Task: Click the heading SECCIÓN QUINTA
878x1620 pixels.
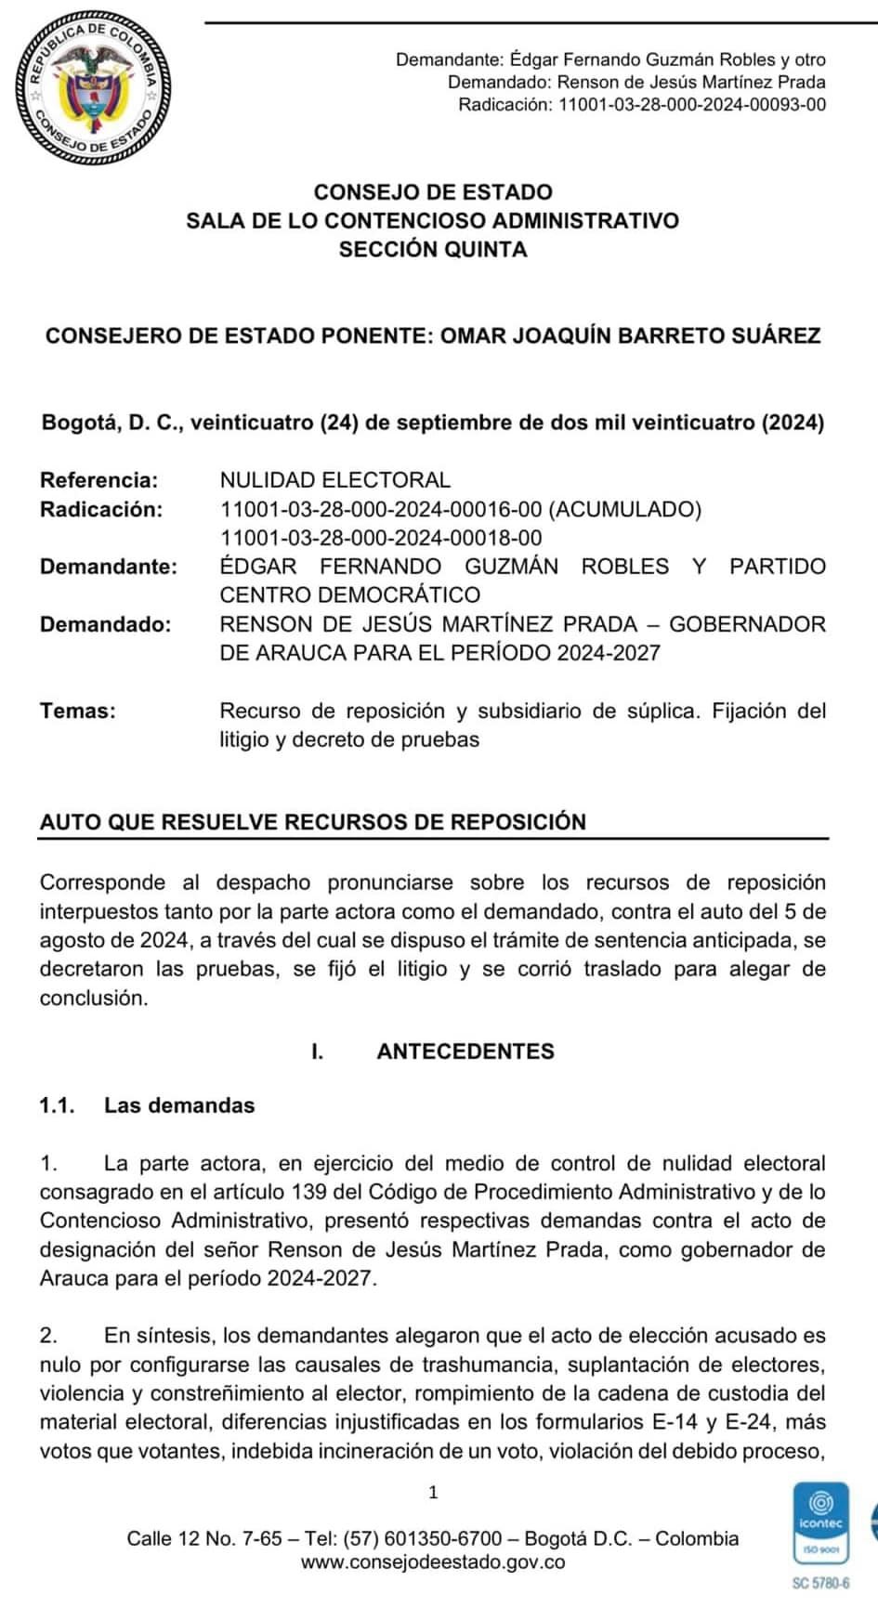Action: (433, 250)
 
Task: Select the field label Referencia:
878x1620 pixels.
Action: (98, 480)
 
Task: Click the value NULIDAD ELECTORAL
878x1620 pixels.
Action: (334, 480)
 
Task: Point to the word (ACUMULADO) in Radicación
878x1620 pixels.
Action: (624, 509)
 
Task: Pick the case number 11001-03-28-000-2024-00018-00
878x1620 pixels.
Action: (381, 538)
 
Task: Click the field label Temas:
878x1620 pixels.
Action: (78, 712)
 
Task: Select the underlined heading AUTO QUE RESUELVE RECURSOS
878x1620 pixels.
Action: (313, 822)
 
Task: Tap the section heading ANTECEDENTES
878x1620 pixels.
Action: (465, 1052)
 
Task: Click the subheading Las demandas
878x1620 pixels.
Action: (178, 1105)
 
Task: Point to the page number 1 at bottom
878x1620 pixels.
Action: (433, 1494)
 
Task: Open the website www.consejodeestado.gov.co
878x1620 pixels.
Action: (433, 1562)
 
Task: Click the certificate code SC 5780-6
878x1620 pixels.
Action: (820, 1584)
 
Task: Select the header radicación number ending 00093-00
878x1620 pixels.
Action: (691, 104)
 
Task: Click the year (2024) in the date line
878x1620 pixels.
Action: (793, 423)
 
